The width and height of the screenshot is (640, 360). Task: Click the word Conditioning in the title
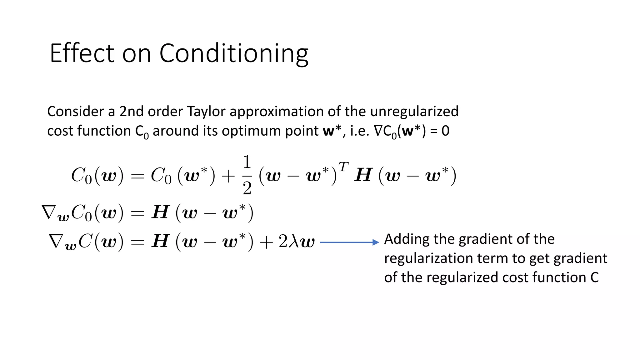point(234,54)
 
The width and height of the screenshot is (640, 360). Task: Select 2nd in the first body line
point(132,112)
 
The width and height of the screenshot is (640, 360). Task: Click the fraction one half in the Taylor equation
point(247,175)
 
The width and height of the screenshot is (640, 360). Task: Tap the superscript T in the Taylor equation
point(343,167)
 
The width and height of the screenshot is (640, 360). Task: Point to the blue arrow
point(349,242)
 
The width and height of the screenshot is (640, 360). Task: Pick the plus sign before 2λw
point(266,242)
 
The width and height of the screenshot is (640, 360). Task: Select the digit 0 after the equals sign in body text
point(445,131)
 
